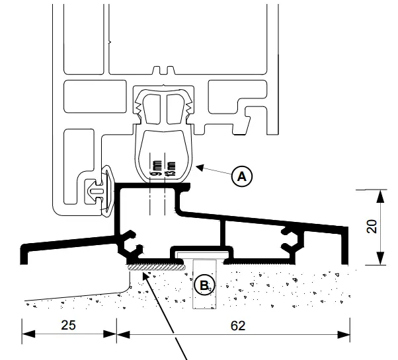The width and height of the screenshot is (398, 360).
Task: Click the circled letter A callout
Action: [243, 176]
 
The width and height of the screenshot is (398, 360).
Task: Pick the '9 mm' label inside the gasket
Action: [157, 170]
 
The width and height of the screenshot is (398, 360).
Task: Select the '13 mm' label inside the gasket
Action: [172, 170]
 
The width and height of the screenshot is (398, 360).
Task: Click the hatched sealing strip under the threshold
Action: [155, 268]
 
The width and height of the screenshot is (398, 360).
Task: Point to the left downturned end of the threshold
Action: [25, 254]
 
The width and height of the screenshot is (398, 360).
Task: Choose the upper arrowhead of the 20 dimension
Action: [379, 194]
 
